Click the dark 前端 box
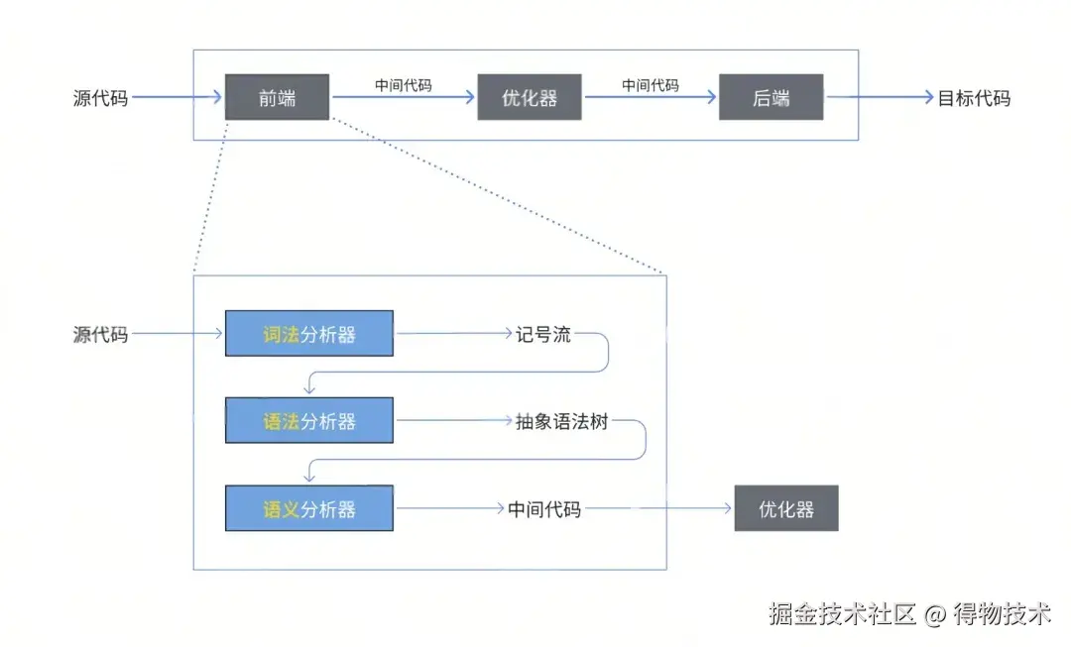277,97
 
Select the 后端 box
771,97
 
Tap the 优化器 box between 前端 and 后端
530,97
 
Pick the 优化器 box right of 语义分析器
786,508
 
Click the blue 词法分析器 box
309,334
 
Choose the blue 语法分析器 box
309,421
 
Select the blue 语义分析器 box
309,508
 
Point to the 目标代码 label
974,98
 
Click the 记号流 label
543,334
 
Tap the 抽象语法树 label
561,421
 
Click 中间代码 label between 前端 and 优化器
403,85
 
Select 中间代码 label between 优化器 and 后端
651,85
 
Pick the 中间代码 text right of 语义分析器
544,509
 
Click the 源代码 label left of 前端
100,98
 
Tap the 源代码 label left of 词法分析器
100,334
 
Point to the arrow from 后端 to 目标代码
879,97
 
